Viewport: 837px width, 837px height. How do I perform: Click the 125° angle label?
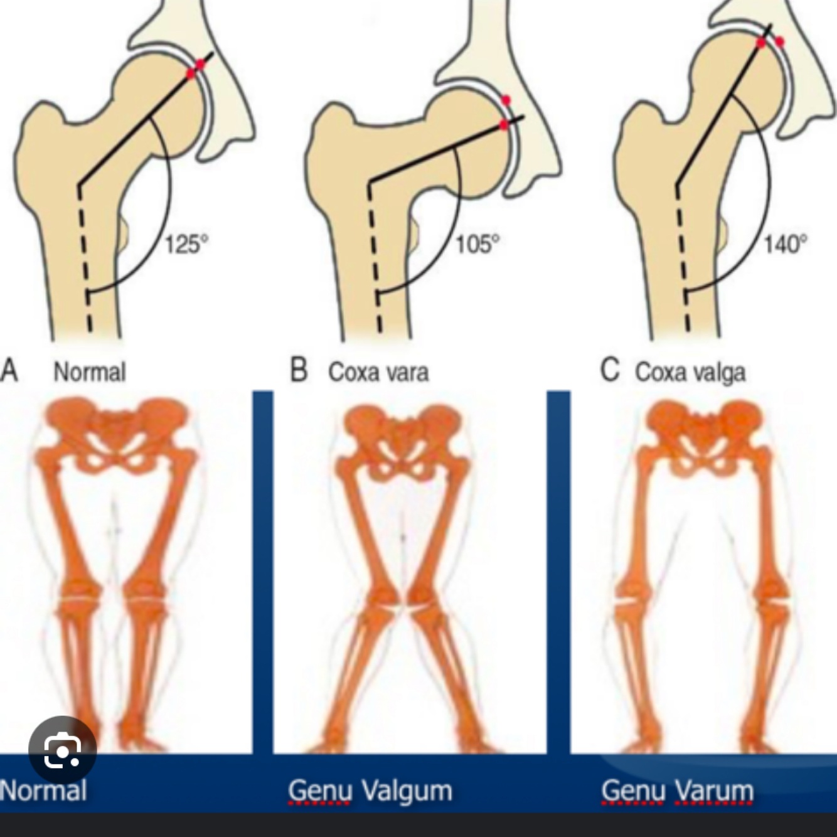(186, 243)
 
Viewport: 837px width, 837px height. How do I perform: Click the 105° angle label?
(477, 243)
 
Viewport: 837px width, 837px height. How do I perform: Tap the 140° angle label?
(785, 243)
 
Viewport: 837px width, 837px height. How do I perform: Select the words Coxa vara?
(378, 372)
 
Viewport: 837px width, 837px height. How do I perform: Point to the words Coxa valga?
(690, 372)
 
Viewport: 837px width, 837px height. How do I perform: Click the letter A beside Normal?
(9, 370)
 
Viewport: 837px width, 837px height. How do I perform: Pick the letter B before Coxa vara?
(299, 370)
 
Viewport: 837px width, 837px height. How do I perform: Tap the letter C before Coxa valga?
(609, 370)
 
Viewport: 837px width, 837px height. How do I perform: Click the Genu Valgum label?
(370, 791)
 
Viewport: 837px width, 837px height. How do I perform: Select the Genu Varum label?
(678, 791)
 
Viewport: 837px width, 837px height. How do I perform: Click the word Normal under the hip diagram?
(90, 372)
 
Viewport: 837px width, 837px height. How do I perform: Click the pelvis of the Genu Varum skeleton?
(705, 433)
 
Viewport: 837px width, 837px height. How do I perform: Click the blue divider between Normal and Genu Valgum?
(263, 571)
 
